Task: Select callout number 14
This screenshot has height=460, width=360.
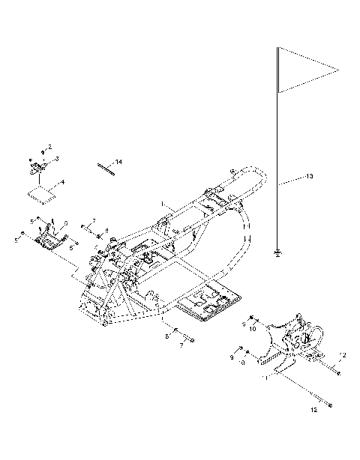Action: [x=118, y=162]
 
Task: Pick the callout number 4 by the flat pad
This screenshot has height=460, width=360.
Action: [x=62, y=182]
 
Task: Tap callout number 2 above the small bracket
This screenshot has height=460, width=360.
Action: [x=50, y=147]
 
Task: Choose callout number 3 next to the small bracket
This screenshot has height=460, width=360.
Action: [x=56, y=159]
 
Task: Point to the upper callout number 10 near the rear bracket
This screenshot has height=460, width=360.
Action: [x=253, y=328]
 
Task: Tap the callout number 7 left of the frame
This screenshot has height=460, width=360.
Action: [x=93, y=221]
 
